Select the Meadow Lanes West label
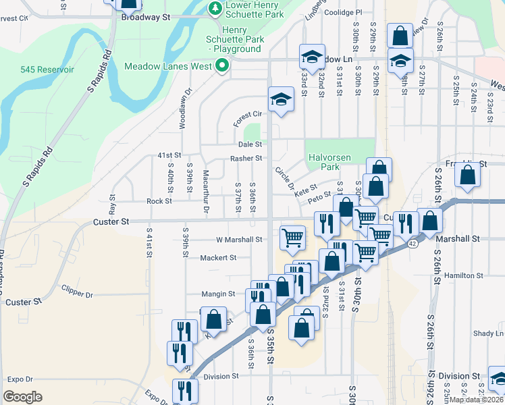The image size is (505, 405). [168, 66]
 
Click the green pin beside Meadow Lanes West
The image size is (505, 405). [221, 66]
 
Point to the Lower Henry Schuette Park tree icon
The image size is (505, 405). [215, 8]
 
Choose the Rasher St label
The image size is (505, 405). [246, 159]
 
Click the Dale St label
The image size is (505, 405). [249, 144]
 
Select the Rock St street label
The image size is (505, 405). [159, 201]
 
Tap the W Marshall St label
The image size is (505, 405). [239, 240]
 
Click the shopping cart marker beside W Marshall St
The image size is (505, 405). [292, 237]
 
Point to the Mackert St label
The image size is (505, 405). [218, 258]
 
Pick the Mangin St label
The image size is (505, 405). [218, 294]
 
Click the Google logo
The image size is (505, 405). [22, 397]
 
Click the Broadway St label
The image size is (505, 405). [144, 18]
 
